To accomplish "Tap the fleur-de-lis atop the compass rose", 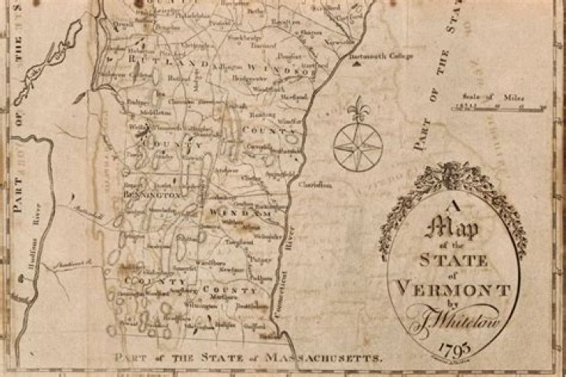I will pos(361,108).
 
